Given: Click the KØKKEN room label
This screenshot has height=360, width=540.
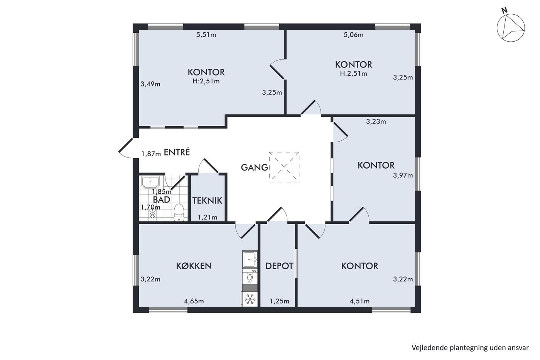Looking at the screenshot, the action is [x=194, y=266].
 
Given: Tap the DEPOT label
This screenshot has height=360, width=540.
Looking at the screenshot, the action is [x=279, y=266].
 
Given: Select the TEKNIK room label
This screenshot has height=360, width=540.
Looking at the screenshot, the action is [x=207, y=201].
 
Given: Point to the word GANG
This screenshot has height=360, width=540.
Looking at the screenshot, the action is [x=254, y=167].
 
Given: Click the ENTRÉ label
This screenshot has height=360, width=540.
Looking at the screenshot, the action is [x=177, y=152].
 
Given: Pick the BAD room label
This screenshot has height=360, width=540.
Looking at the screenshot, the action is [x=162, y=199].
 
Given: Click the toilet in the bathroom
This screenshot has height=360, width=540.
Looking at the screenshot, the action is [x=179, y=212].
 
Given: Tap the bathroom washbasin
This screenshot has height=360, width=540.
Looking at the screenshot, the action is [x=150, y=182].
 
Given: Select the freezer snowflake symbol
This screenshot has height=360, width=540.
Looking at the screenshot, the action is [x=250, y=299].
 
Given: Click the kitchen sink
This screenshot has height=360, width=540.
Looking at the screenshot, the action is [x=250, y=259].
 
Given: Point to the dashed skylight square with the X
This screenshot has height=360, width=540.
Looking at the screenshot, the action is [x=284, y=167].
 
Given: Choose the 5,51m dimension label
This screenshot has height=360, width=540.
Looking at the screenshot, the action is [x=206, y=35].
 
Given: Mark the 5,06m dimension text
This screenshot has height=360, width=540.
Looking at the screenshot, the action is [x=353, y=35].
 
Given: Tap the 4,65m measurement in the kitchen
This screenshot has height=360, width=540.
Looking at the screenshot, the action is [x=194, y=301].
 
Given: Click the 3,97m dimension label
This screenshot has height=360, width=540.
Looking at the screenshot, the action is [x=403, y=175].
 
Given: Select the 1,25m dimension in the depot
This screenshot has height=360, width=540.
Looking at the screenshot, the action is [x=279, y=301].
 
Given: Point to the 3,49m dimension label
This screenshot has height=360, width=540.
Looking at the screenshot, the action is [x=150, y=84].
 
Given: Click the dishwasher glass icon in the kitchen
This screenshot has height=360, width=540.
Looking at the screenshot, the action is [x=250, y=279].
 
